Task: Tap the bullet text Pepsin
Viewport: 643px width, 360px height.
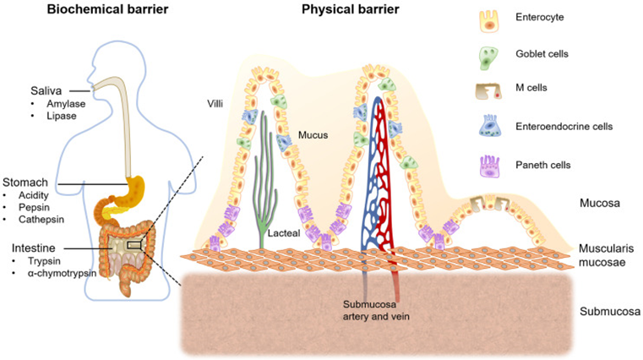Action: pyautogui.click(x=35, y=207)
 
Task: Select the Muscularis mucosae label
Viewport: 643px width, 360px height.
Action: pyautogui.click(x=608, y=254)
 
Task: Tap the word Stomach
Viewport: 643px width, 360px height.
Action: pyautogui.click(x=25, y=182)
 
